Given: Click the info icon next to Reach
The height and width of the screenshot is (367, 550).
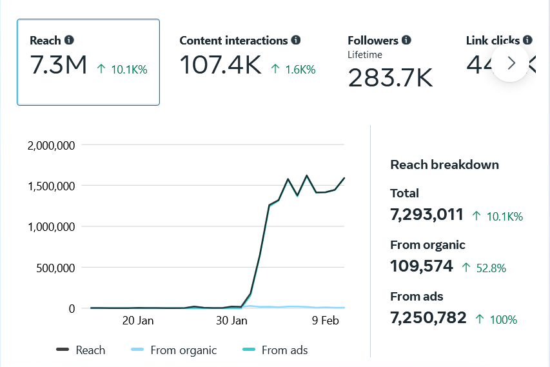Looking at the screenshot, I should pyautogui.click(x=70, y=40).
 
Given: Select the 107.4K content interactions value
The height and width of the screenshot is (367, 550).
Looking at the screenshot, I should pyautogui.click(x=220, y=65).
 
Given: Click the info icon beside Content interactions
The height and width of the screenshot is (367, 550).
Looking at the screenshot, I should pyautogui.click(x=296, y=40).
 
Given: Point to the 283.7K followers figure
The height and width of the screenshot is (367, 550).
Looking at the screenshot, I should pyautogui.click(x=390, y=78).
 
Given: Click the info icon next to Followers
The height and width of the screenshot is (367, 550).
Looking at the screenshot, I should pyautogui.click(x=406, y=40).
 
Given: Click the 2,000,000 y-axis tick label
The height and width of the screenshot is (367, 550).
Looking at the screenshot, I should pyautogui.click(x=52, y=145).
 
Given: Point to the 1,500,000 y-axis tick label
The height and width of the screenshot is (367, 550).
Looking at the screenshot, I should pyautogui.click(x=52, y=186).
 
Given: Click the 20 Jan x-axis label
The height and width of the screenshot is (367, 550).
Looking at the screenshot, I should pyautogui.click(x=137, y=321).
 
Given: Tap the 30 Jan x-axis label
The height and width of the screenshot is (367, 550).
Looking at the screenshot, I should pyautogui.click(x=231, y=321).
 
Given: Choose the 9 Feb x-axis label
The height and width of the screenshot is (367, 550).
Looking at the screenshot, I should pyautogui.click(x=326, y=321).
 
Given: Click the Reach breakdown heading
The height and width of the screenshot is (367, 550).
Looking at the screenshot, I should pyautogui.click(x=445, y=164).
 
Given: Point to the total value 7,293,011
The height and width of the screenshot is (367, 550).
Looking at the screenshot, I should pyautogui.click(x=427, y=215).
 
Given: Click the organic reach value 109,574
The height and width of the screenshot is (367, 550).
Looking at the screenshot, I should pyautogui.click(x=422, y=266).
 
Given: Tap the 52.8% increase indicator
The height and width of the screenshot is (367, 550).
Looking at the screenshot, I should pyautogui.click(x=484, y=268).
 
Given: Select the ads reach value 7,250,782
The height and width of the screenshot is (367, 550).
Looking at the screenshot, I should pyautogui.click(x=428, y=318).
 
